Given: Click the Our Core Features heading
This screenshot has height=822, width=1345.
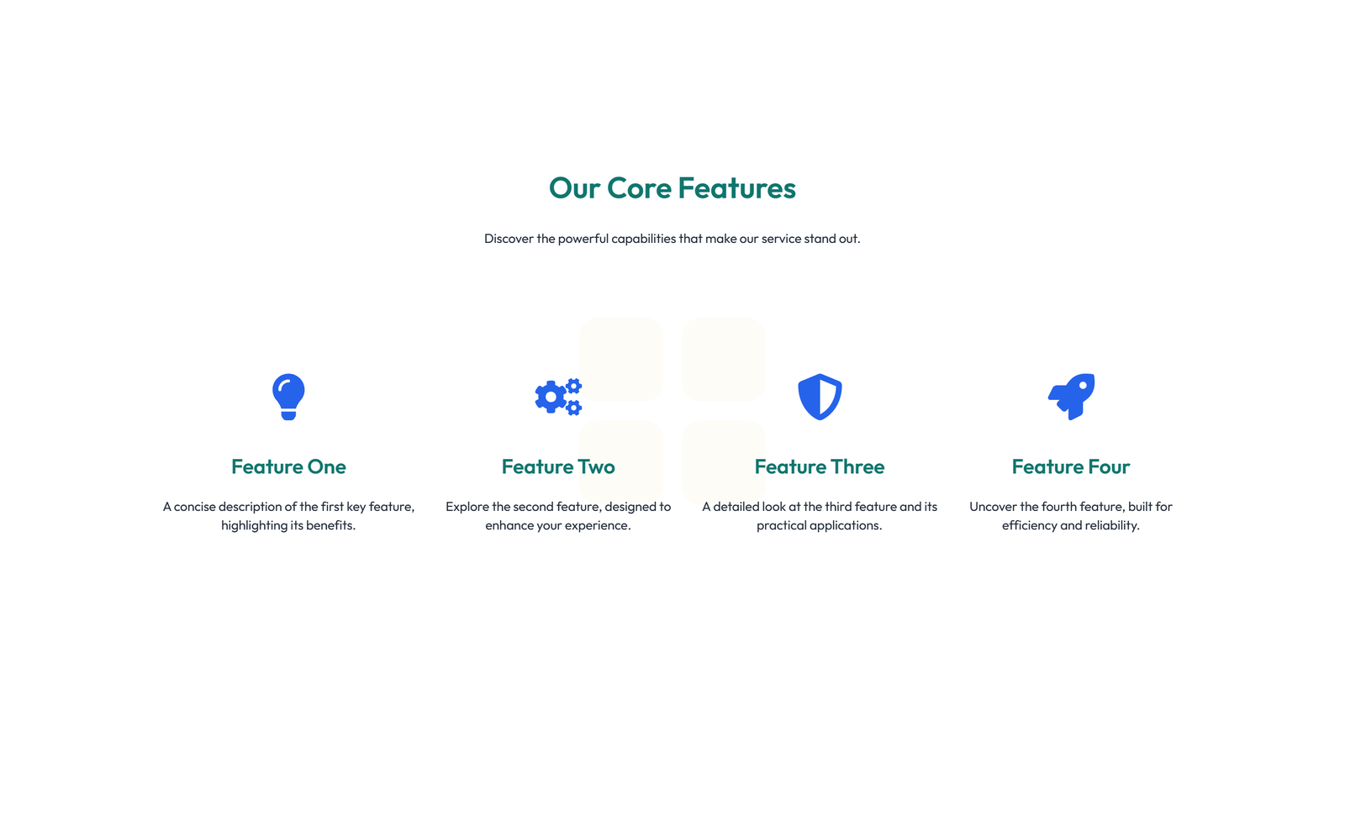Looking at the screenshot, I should (x=672, y=188).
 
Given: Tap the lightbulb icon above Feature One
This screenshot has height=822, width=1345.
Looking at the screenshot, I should (x=288, y=396).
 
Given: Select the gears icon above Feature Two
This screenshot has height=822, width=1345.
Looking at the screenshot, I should (x=557, y=397).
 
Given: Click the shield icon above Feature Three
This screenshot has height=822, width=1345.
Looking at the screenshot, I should (x=820, y=397).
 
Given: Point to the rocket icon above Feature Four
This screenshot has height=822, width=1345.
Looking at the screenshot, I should (x=1072, y=396).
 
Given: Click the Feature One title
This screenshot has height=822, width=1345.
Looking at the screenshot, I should (x=288, y=466).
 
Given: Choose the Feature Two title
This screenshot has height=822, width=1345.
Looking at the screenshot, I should (x=558, y=466).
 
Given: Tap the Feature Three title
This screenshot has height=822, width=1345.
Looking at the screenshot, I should (x=820, y=466).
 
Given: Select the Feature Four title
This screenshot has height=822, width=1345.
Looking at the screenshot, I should (x=1071, y=466).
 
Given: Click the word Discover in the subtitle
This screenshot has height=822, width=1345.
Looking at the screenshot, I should (x=509, y=239).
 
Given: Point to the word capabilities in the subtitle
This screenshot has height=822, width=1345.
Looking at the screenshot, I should (x=643, y=239).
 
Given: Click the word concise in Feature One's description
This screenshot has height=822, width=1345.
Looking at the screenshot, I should (x=194, y=507).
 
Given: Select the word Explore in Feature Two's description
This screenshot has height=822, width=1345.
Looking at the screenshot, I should (x=467, y=507).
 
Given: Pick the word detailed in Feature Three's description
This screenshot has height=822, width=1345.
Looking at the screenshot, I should (x=736, y=507).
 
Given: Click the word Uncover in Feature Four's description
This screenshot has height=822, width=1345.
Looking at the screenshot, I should (x=993, y=507).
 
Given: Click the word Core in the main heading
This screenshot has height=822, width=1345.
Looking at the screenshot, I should (x=639, y=188).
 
